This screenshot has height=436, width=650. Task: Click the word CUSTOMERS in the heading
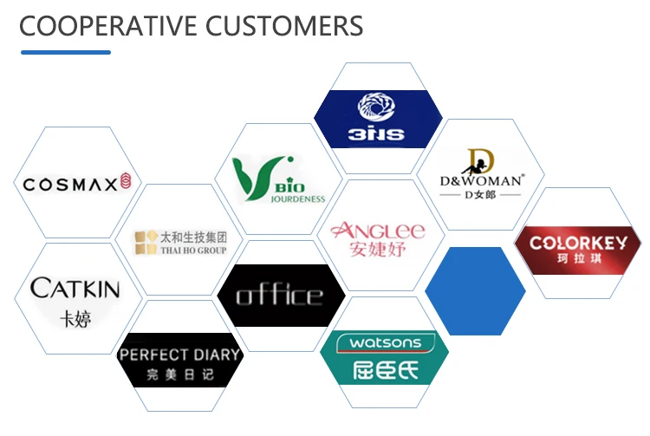285,26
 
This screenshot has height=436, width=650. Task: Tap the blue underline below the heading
66,53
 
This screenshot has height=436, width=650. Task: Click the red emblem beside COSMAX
126,182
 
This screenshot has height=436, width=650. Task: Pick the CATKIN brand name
75,288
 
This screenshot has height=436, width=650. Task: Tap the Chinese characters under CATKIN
75,318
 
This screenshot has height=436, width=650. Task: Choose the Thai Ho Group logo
180,242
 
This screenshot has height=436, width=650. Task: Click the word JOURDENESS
296,198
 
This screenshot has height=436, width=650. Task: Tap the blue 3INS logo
378,118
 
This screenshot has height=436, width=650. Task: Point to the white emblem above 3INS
378,107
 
